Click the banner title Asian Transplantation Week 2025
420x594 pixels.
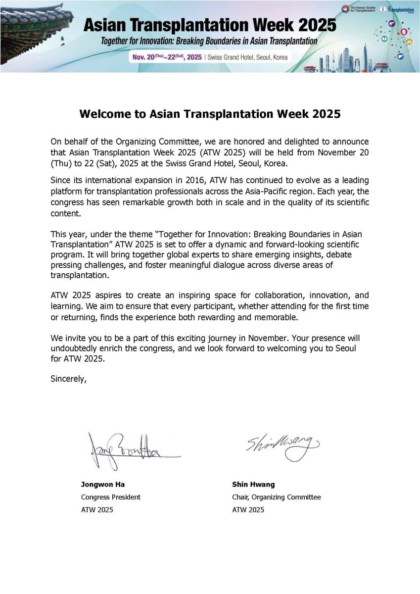coord(210,25)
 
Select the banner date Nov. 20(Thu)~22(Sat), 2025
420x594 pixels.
coord(167,57)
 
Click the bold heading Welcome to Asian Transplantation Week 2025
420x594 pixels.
coord(210,114)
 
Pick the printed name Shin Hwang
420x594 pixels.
coord(253,485)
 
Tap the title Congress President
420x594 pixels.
coord(111,497)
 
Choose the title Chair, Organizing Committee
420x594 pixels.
coord(276,497)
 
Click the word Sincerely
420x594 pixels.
coord(69,380)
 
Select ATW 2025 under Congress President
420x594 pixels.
coord(97,510)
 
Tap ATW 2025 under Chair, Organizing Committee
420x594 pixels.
coord(248,510)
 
